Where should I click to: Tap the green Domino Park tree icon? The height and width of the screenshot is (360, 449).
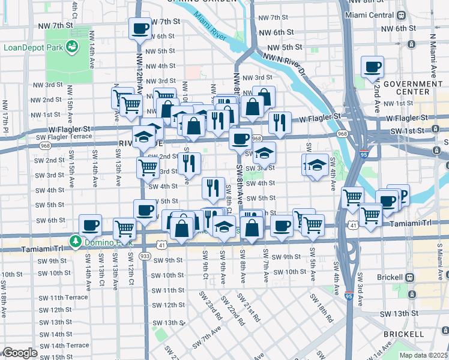pos(75,242)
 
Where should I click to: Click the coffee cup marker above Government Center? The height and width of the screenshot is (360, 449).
pos(372,67)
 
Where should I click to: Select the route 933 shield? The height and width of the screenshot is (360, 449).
pos(145,255)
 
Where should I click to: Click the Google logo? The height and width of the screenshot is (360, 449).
pos(19,353)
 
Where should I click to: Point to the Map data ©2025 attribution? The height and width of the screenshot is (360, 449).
pos(423,355)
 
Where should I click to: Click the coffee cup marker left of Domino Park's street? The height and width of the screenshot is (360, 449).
pos(90,225)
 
